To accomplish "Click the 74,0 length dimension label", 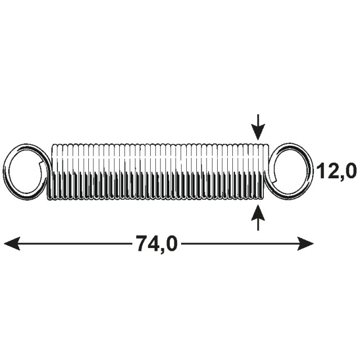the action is pyautogui.click(x=157, y=244).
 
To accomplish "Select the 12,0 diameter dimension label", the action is pyautogui.click(x=336, y=171).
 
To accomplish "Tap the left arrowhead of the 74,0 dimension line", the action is pyautogui.click(x=12, y=244).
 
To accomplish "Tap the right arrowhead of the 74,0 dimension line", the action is pyautogui.click(x=305, y=244).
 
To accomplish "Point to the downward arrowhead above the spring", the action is pyautogui.click(x=258, y=132).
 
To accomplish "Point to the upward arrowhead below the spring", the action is pyautogui.click(x=258, y=213).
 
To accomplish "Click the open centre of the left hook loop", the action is pyautogui.click(x=25, y=172).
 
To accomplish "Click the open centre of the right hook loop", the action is pyautogui.click(x=290, y=172).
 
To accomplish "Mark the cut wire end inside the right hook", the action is pyautogui.click(x=274, y=179).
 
